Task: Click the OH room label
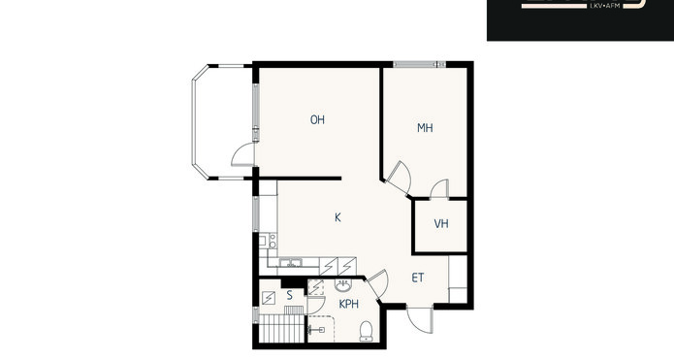pyautogui.click(x=318, y=120)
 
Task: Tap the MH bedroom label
pyautogui.click(x=425, y=128)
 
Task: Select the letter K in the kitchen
pyautogui.click(x=337, y=217)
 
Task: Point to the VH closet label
pyautogui.click(x=441, y=223)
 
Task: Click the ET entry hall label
pyautogui.click(x=418, y=278)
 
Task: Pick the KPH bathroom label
pyautogui.click(x=348, y=304)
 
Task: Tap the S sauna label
pyautogui.click(x=290, y=296)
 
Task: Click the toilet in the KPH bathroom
pyautogui.click(x=367, y=331)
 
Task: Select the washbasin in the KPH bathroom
pyautogui.click(x=343, y=285)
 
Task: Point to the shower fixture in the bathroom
pyautogui.click(x=317, y=330)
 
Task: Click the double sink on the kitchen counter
pyautogui.click(x=291, y=262)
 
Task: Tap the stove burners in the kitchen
pyautogui.click(x=273, y=241)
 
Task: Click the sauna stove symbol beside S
pyautogui.click(x=269, y=298)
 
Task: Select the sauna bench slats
pyautogui.click(x=281, y=328)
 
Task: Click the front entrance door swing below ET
pyautogui.click(x=420, y=320)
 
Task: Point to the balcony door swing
pyautogui.click(x=243, y=155)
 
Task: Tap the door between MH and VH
pyautogui.click(x=439, y=189)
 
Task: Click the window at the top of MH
pyautogui.click(x=420, y=64)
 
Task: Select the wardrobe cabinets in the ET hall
pyautogui.click(x=458, y=279)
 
